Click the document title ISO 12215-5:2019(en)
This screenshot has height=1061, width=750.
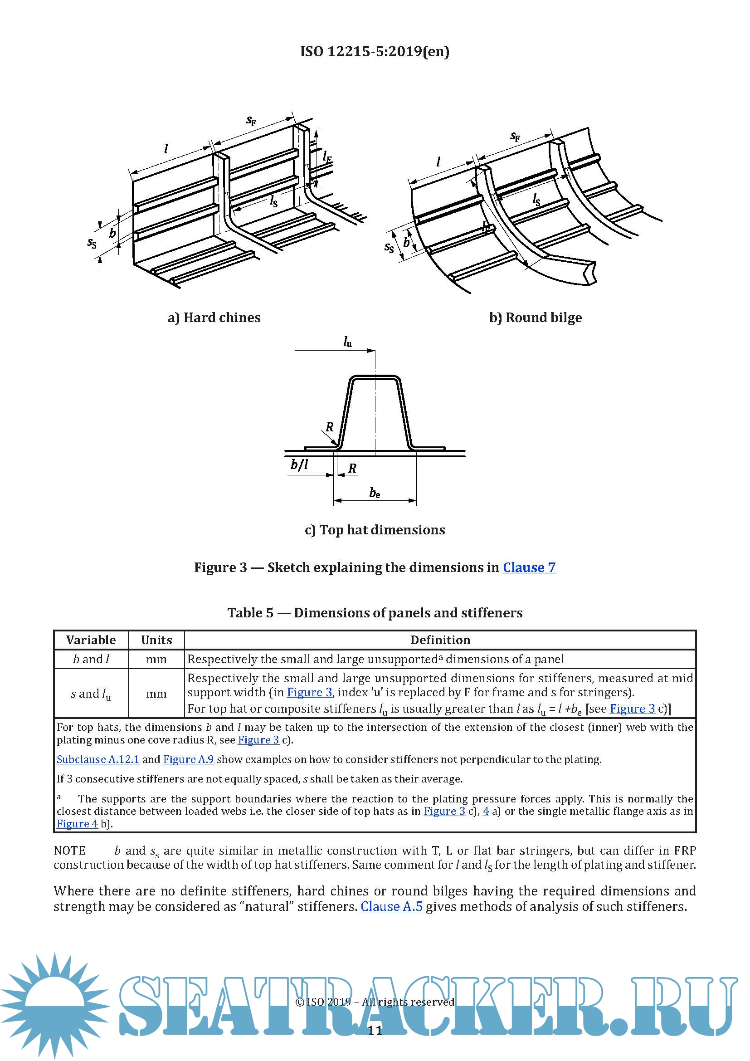pyautogui.click(x=375, y=51)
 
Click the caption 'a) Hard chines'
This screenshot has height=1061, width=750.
pyautogui.click(x=214, y=318)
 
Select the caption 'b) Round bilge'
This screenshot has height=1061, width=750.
pyautogui.click(x=535, y=318)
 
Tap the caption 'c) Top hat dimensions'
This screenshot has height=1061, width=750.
pyautogui.click(x=375, y=529)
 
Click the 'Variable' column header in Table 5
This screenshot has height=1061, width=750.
pyautogui.click(x=91, y=640)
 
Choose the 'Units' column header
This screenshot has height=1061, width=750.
pyautogui.click(x=156, y=640)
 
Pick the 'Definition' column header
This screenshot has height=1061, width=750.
pyautogui.click(x=440, y=640)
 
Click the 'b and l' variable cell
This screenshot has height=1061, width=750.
pyautogui.click(x=91, y=660)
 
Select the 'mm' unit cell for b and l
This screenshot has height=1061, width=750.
pyautogui.click(x=156, y=660)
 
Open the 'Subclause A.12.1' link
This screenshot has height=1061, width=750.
pyautogui.click(x=98, y=759)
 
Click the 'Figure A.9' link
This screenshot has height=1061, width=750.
pyautogui.click(x=189, y=759)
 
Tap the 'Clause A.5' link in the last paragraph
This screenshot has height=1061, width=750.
pyautogui.click(x=391, y=906)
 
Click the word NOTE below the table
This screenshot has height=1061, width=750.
pyautogui.click(x=70, y=851)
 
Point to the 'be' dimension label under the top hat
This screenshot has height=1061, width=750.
pyautogui.click(x=375, y=494)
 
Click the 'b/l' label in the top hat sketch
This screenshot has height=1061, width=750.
pyautogui.click(x=299, y=465)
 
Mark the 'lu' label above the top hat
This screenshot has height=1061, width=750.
pyautogui.click(x=347, y=342)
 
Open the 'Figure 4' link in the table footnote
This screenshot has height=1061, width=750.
pyautogui.click(x=77, y=823)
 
